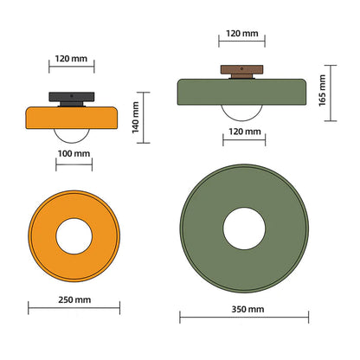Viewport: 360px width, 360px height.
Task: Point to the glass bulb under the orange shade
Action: [72, 132]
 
